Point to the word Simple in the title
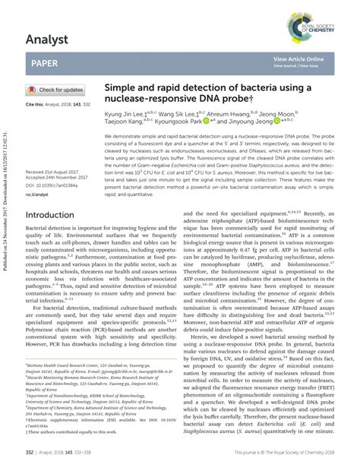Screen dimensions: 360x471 (121, 89)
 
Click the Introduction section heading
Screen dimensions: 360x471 (60, 215)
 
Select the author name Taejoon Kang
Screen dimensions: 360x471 (126, 121)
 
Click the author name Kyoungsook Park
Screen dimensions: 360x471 (191, 121)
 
